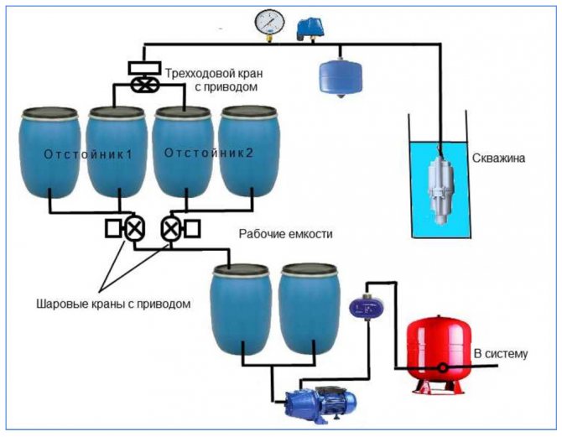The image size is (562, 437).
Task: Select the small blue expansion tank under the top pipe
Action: pyautogui.click(x=337, y=75)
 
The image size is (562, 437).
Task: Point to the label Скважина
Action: pyautogui.click(x=498, y=157)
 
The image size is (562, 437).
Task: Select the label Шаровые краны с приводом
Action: pyautogui.click(x=113, y=303)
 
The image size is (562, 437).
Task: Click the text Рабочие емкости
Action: pyautogui.click(x=286, y=235)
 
